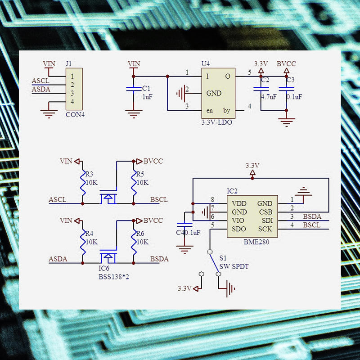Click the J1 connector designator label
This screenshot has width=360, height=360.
(x=69, y=63)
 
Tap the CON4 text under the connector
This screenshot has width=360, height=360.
(x=75, y=114)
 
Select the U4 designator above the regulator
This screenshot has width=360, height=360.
(x=206, y=63)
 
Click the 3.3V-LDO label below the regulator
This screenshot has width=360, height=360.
(x=217, y=122)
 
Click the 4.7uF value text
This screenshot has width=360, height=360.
(x=269, y=97)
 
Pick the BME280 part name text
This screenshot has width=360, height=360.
(x=256, y=242)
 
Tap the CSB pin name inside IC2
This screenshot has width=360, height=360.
(x=265, y=212)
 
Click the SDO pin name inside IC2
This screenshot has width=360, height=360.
(x=239, y=229)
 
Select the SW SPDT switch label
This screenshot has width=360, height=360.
(x=234, y=266)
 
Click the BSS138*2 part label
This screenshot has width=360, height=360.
(x=114, y=277)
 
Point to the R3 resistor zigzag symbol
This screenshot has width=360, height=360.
(x=83, y=184)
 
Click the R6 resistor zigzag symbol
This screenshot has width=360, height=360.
(x=134, y=243)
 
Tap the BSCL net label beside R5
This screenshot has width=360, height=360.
(x=159, y=199)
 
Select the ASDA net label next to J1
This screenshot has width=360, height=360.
(x=41, y=89)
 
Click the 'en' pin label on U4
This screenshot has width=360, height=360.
(x=209, y=111)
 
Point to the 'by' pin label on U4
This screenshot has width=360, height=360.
(x=227, y=111)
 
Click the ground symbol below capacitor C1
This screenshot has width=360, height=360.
(x=134, y=114)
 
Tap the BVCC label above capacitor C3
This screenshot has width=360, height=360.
(x=286, y=63)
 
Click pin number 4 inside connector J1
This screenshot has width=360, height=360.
(x=72, y=102)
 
